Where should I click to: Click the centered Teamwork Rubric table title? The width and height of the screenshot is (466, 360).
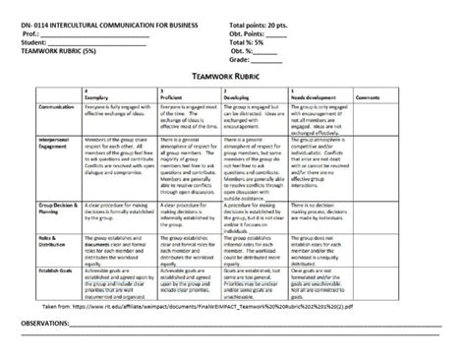coord(232,75)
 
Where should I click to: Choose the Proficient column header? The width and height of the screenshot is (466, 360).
coord(175,98)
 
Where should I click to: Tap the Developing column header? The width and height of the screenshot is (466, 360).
coord(240,98)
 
